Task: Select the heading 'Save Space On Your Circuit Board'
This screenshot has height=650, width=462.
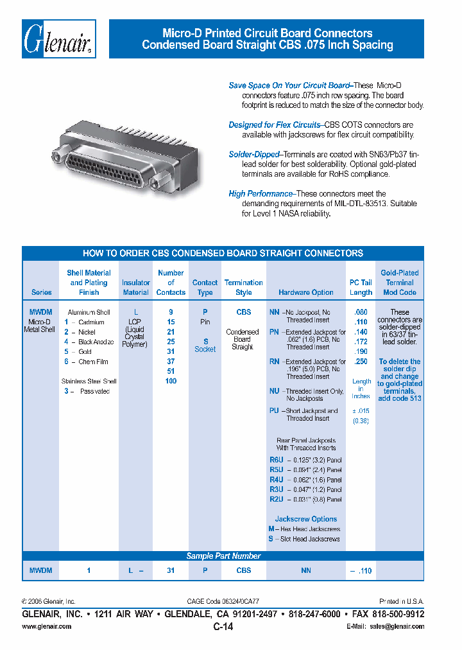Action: (x=289, y=85)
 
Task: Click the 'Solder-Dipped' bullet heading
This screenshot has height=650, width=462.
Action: (x=254, y=155)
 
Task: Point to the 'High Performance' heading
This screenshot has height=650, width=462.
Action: (x=261, y=193)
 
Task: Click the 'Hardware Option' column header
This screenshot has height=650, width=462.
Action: (x=305, y=292)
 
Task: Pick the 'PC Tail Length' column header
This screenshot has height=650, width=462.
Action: (x=361, y=287)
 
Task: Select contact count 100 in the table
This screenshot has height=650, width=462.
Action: (x=171, y=381)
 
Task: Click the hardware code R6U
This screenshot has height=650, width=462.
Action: (x=276, y=461)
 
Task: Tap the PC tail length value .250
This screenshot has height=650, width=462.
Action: (x=361, y=362)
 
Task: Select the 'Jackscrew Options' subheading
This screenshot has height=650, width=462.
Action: (x=306, y=519)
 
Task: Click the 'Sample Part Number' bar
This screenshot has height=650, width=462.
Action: (x=223, y=556)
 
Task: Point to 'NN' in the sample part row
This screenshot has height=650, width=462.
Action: (x=306, y=570)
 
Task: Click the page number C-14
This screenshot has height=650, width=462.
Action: (x=223, y=627)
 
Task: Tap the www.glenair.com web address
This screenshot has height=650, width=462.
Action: (x=47, y=626)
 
